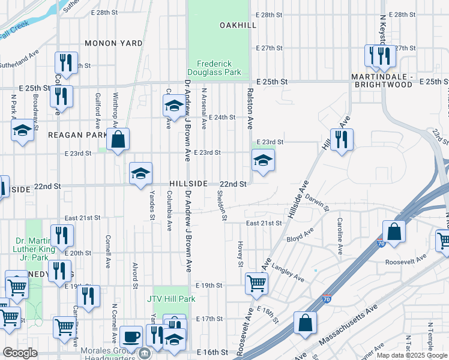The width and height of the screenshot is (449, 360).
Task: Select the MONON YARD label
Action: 113,43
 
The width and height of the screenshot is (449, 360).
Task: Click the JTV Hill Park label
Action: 171,298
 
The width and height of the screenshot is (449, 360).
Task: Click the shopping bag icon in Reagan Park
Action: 119,139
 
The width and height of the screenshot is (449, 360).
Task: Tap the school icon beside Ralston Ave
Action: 262,160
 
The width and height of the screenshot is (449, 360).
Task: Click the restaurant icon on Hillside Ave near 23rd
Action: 342,140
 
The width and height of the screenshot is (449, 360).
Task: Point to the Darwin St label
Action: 316,202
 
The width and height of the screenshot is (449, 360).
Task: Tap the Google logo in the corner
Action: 20,353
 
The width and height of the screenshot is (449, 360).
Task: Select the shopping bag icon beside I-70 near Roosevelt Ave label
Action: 394,232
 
